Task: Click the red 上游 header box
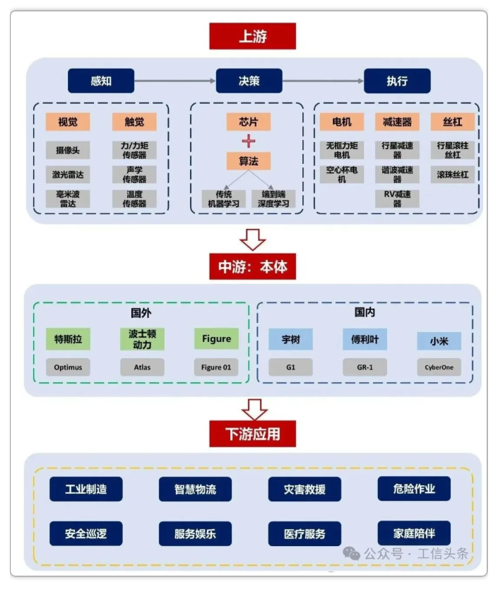[x=252, y=36]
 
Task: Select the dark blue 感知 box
[x=101, y=81]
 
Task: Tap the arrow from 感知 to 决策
[x=175, y=81]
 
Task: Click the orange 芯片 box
[x=249, y=122]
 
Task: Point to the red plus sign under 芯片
[x=249, y=141]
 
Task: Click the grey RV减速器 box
[x=397, y=199]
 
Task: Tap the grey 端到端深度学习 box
[x=273, y=199]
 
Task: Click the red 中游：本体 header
[x=252, y=267]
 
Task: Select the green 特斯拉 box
[x=69, y=339]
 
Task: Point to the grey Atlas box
[x=142, y=367]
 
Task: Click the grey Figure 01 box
[x=216, y=367]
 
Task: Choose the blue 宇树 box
[x=290, y=340]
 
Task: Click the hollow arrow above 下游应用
[x=252, y=408]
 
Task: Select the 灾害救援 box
[x=304, y=489]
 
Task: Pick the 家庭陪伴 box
[x=414, y=533]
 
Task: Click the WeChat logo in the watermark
[x=351, y=553]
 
